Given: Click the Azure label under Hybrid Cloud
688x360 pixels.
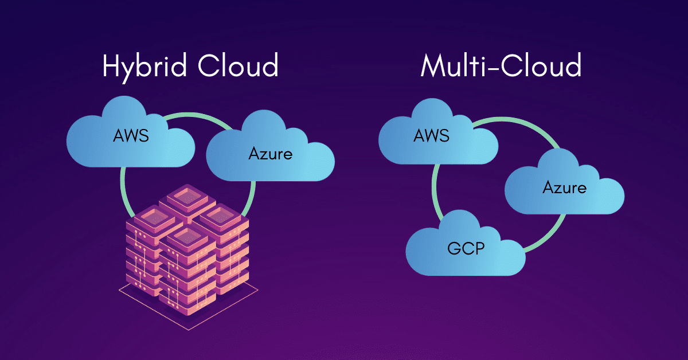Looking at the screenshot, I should tap(270, 154).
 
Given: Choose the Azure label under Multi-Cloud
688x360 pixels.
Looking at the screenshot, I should tap(565, 187).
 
